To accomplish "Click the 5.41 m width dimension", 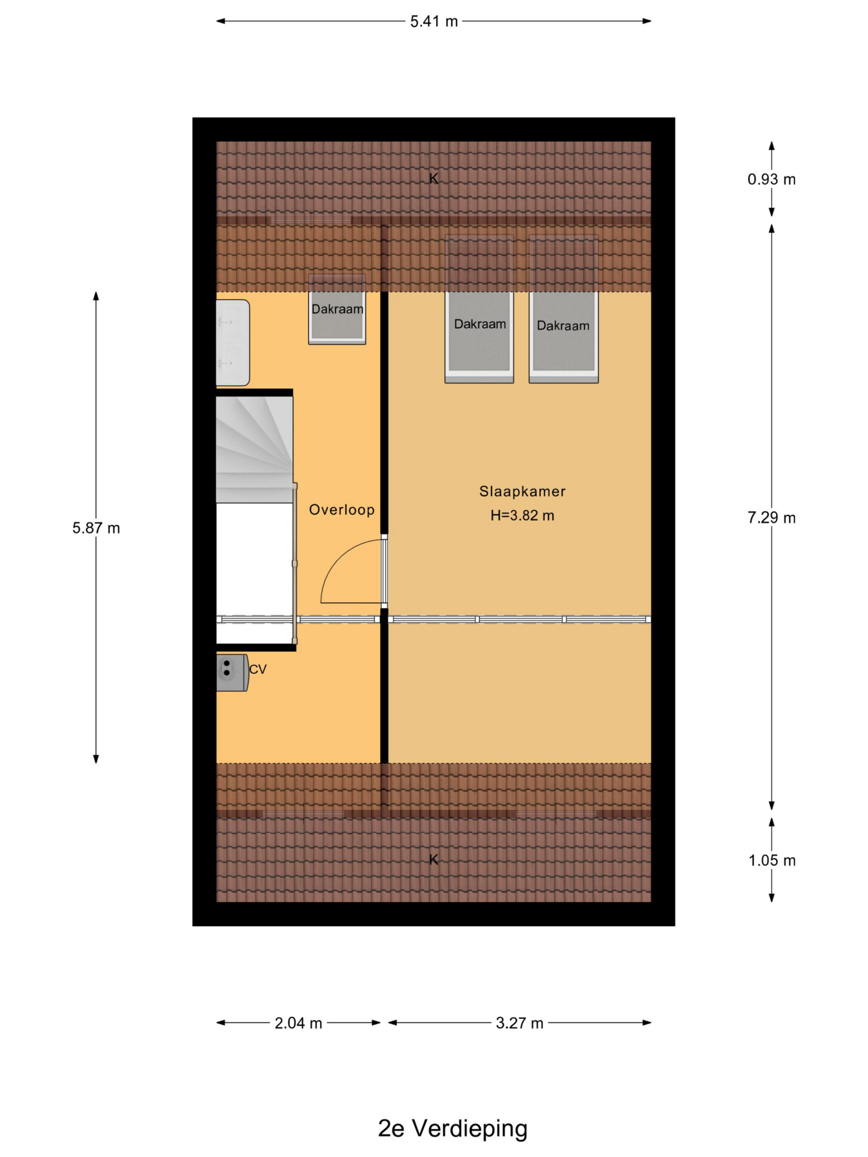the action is click(x=434, y=21).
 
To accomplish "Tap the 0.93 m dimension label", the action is click(x=771, y=179).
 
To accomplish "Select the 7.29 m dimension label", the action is click(x=771, y=518).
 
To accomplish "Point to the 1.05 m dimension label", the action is click(x=771, y=861).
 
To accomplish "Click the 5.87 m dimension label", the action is click(x=96, y=528).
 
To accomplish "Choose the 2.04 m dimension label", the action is click(x=298, y=1023).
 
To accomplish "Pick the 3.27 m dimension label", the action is click(x=519, y=1023).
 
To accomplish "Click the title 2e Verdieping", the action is click(x=453, y=1114).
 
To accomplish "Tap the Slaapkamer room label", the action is click(x=522, y=492).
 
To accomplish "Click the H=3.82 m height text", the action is click(x=522, y=516).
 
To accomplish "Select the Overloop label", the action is click(x=342, y=510).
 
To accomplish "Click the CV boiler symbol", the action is click(x=232, y=673).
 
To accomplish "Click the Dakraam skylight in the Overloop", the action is click(x=337, y=309).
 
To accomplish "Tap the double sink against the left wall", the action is click(x=233, y=343).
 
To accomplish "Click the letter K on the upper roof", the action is click(x=434, y=179).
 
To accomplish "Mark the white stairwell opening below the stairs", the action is click(x=254, y=573).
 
